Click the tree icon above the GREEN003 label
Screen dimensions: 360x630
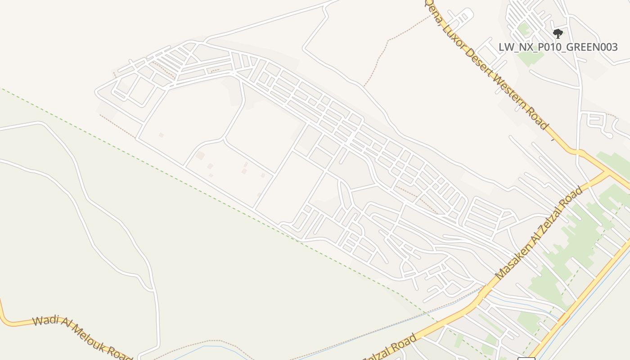(x=558, y=33)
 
